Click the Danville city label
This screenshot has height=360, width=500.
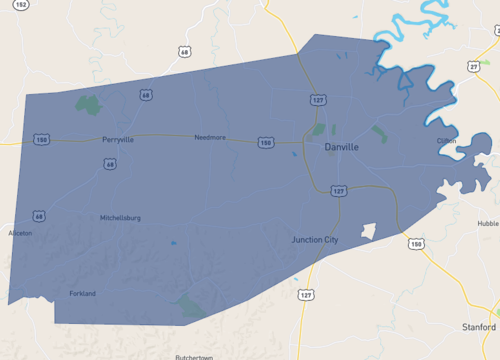click(341, 147)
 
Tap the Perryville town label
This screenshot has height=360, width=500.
click(117, 139)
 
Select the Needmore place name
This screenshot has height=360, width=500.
click(210, 137)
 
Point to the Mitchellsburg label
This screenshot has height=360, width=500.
click(120, 217)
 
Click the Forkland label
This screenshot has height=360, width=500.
click(82, 293)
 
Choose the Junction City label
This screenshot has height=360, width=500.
click(315, 240)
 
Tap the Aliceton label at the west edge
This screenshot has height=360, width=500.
click(20, 233)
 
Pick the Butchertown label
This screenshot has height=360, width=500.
click(194, 357)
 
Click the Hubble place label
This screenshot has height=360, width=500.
click(487, 224)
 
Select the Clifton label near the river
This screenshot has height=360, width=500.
click(446, 141)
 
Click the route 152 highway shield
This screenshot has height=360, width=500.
click(21, 5)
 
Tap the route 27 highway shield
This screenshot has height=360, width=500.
click(473, 65)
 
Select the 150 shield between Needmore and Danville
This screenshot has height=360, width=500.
click(265, 143)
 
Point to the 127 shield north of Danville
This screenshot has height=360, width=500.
click(317, 101)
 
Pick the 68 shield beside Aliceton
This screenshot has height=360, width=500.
click(38, 215)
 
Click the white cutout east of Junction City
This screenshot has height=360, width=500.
click(367, 232)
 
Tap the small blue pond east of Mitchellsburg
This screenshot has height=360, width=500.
click(173, 242)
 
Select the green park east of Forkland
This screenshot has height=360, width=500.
click(189, 304)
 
